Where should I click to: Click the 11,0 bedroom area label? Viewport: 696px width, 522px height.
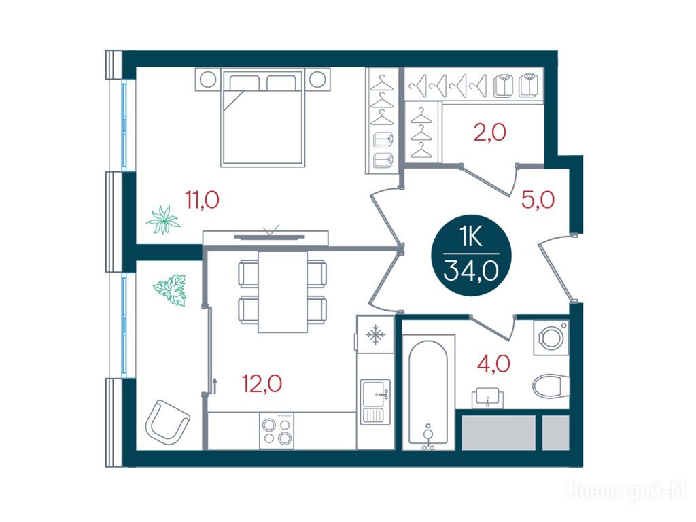(x=203, y=201)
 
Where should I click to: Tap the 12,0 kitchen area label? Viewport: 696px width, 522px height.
(x=262, y=383)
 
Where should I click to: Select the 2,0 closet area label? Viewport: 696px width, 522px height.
(x=490, y=133)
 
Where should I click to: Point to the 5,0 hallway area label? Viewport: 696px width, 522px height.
(x=538, y=201)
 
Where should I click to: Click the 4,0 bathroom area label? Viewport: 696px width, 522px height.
(x=493, y=364)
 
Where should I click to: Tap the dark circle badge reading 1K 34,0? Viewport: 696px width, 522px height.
(x=471, y=259)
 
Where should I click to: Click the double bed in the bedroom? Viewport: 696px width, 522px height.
(x=263, y=118)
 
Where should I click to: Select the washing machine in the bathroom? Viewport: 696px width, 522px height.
(x=551, y=338)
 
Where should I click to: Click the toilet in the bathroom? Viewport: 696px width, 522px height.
(x=551, y=387)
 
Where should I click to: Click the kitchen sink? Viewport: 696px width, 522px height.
(x=375, y=402)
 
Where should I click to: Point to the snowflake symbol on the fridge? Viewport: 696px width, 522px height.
(x=375, y=334)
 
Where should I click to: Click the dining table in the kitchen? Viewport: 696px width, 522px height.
(x=283, y=292)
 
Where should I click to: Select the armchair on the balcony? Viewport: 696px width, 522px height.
(x=167, y=421)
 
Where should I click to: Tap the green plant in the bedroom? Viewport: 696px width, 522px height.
(x=163, y=220)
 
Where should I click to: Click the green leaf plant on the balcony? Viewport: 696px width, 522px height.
(x=171, y=290)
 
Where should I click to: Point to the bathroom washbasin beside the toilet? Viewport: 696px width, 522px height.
(x=488, y=397)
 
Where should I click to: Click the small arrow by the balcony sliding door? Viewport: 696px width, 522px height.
(x=215, y=386)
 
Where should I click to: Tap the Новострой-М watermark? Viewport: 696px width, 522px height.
(x=627, y=491)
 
